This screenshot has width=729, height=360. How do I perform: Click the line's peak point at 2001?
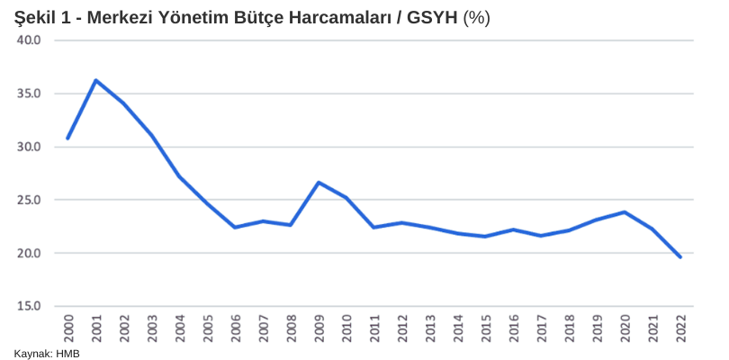click(95, 80)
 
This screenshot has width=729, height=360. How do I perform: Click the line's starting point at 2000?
click(67, 138)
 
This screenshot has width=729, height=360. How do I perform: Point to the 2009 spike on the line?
click(319, 183)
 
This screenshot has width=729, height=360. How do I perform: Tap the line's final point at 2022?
click(680, 256)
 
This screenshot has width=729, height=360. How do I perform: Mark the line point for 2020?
click(625, 212)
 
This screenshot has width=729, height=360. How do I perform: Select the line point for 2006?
click(235, 228)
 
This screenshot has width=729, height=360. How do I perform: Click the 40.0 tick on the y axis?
click(29, 40)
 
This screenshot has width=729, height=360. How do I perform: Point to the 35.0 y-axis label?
click(29, 94)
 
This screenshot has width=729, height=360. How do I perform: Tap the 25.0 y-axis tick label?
click(29, 200)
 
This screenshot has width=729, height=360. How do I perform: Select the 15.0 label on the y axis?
click(29, 307)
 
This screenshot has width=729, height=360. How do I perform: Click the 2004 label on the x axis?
click(179, 328)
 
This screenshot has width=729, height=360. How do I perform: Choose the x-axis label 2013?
click(430, 328)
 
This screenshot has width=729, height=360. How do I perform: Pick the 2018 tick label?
click(569, 328)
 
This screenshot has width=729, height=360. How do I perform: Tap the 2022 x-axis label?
click(680, 328)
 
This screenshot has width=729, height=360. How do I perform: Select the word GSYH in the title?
click(434, 18)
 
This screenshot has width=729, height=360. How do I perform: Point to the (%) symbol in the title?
click(477, 18)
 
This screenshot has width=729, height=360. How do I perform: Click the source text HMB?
click(67, 354)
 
